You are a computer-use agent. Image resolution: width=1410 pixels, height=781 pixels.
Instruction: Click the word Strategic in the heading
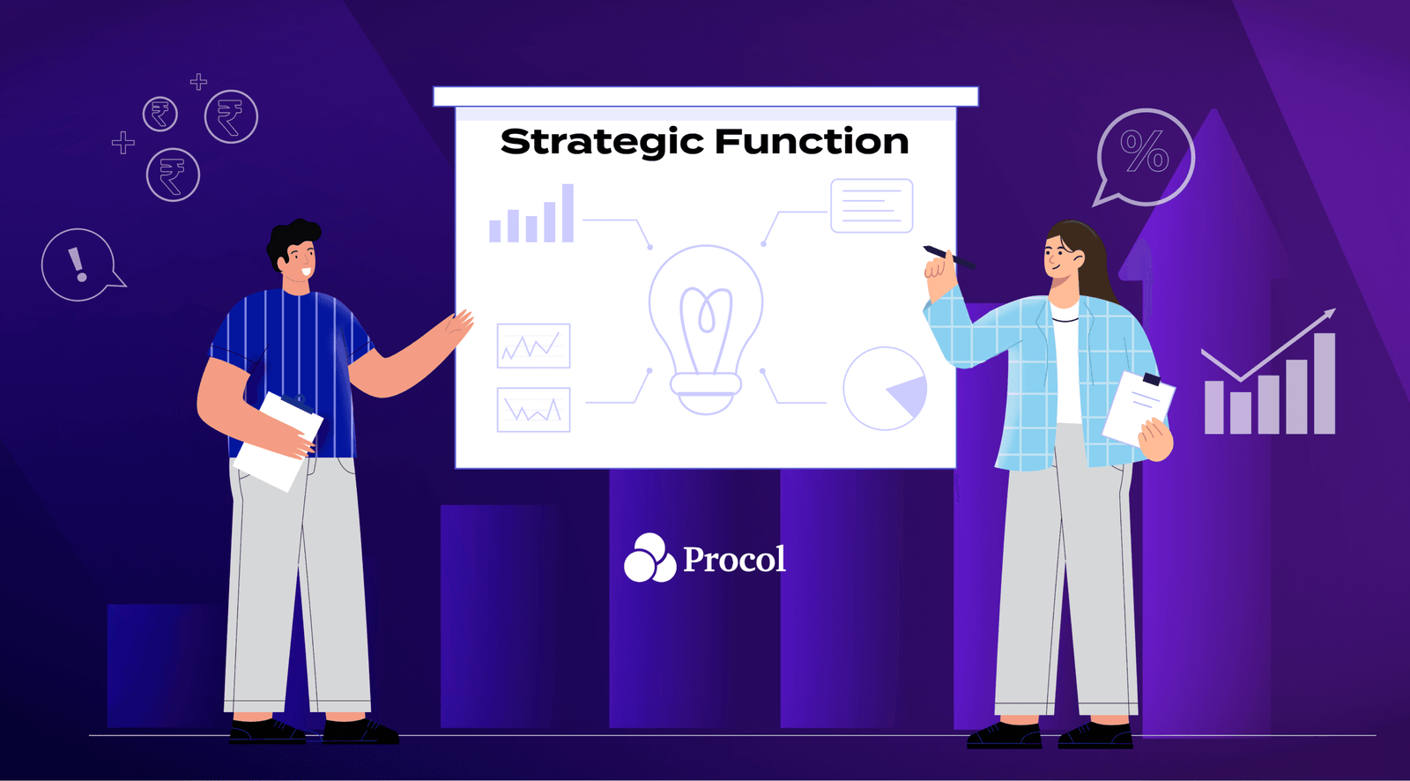[602, 142]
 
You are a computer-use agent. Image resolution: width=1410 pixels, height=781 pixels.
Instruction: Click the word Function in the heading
[811, 142]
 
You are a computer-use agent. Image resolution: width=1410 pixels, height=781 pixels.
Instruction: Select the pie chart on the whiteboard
[885, 389]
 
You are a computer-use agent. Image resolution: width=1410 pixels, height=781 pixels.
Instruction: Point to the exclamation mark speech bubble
[78, 264]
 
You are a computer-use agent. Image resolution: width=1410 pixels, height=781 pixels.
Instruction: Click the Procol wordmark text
[734, 559]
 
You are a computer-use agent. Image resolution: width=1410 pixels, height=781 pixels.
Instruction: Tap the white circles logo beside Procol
[649, 559]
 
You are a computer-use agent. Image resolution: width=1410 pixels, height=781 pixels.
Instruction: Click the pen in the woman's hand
[948, 257]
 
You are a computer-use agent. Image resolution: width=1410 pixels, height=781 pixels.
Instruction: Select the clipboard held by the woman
[1138, 407]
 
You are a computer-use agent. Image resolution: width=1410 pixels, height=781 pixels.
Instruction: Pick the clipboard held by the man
[278, 440]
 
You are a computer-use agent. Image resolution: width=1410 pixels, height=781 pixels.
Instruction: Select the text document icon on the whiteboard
[871, 205]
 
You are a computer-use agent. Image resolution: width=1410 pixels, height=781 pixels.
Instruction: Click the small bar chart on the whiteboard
[532, 215]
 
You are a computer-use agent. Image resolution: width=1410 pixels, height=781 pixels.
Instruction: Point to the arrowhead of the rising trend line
[1330, 313]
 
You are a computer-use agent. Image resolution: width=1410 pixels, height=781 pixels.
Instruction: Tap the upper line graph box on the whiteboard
[533, 346]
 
